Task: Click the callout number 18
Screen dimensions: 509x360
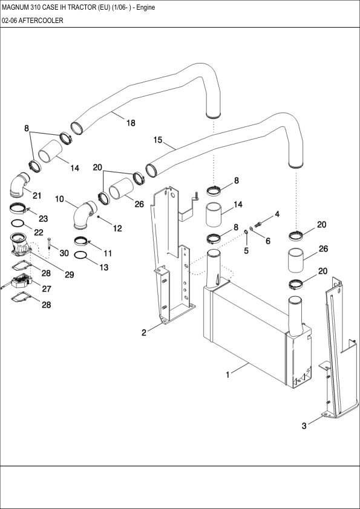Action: [x=130, y=123]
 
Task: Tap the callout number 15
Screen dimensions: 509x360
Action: [x=158, y=140]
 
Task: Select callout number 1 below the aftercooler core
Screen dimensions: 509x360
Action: [x=227, y=375]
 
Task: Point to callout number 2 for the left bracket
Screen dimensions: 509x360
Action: [x=144, y=332]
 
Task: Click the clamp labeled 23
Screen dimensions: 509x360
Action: [x=19, y=209]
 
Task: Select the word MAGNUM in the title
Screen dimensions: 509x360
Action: [x=18, y=7]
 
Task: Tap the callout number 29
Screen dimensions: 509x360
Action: [x=69, y=275]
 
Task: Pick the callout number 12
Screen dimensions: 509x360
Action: [x=117, y=229]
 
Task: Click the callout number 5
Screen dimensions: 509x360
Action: [x=246, y=250]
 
